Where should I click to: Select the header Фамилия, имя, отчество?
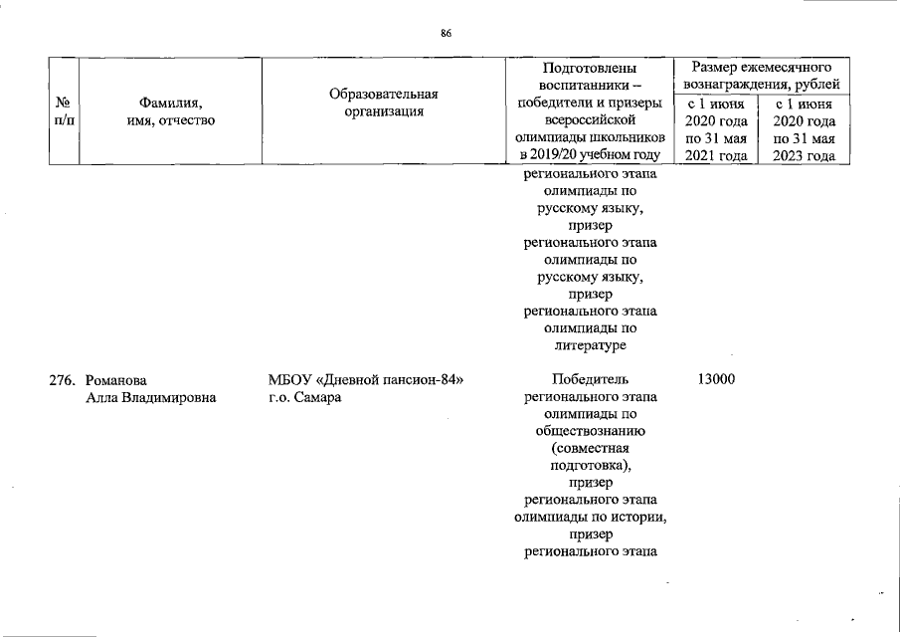(170, 110)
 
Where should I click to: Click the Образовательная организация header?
(383, 103)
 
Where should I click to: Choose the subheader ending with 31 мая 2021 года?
(716, 129)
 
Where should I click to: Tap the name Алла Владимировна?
(151, 397)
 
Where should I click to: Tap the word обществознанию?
(590, 431)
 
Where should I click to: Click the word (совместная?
(590, 448)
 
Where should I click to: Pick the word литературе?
(590, 344)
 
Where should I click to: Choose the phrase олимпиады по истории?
(590, 518)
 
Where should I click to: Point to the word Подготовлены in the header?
(590, 69)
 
